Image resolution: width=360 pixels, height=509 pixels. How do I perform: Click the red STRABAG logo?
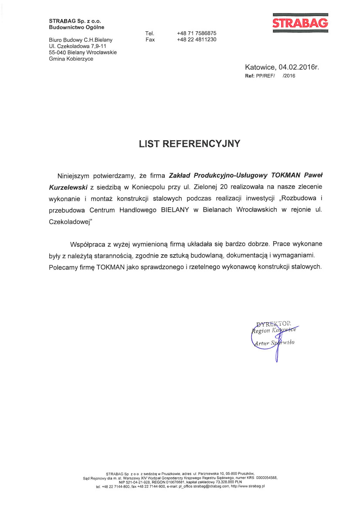pos(300,23)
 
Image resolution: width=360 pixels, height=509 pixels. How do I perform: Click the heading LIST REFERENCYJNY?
pos(190,144)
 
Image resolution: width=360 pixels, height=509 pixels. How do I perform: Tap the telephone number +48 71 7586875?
pos(197,33)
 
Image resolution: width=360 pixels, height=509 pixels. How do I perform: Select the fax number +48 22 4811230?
pos(197,40)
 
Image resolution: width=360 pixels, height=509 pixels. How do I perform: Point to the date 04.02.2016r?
pos(299,67)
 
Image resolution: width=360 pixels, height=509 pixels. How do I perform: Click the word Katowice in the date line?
pos(260,67)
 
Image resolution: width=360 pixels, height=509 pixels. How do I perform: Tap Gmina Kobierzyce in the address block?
pos(71,59)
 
